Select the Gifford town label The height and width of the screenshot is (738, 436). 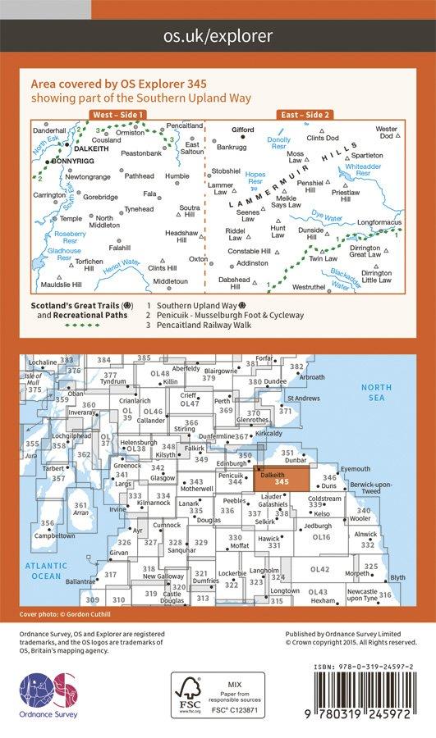point(242,130)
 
